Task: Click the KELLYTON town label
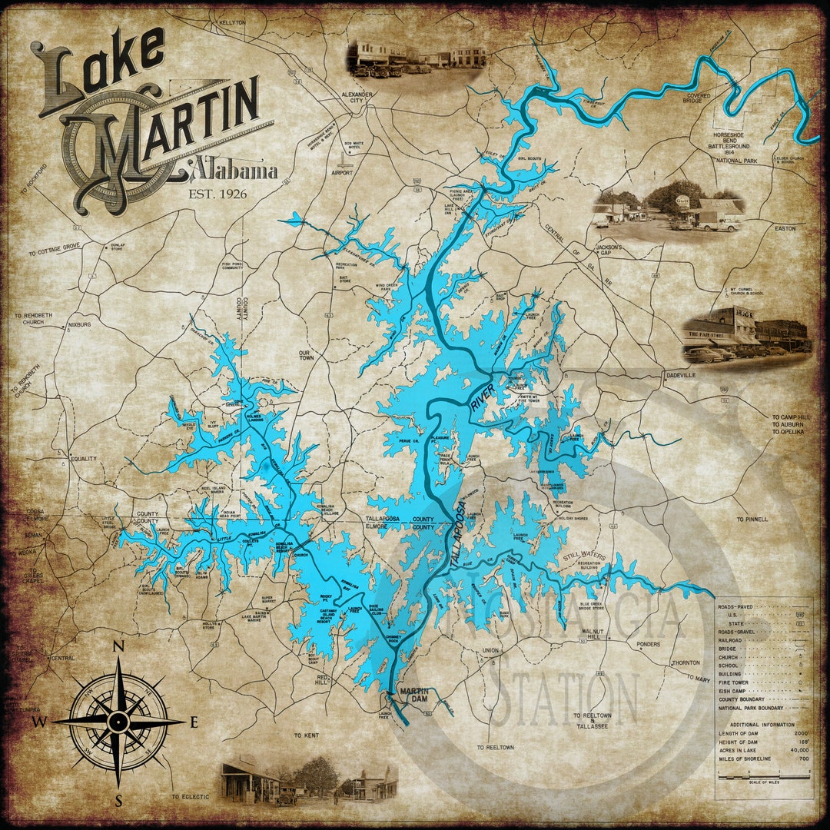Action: coord(231,23)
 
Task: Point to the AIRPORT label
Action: coord(343,173)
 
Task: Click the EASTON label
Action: coord(785,229)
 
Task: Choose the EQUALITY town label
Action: coord(84,460)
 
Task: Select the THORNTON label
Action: coord(685,662)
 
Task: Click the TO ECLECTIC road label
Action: coord(190,797)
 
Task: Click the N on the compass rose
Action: coord(118,647)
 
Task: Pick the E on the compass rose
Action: coord(194,722)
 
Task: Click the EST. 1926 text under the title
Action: coord(217,194)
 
